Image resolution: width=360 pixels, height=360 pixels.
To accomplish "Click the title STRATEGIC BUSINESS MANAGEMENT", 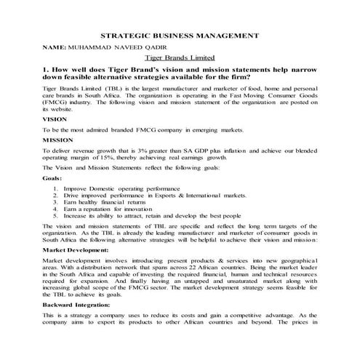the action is tap(179, 34).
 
